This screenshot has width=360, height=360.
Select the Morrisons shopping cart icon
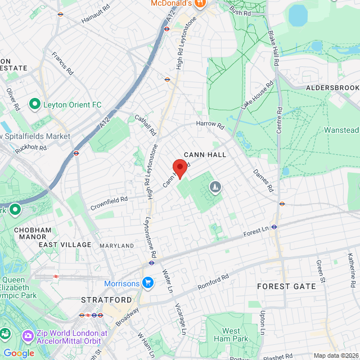148,282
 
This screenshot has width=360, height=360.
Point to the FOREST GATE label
287,286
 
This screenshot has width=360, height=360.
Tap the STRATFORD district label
102,300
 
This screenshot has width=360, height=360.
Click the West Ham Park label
231,335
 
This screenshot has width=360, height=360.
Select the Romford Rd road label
213,282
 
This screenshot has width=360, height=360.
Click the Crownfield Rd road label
109,203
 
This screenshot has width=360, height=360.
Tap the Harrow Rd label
210,123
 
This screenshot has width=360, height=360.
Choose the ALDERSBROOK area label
332,88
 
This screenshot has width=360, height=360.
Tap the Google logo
19,353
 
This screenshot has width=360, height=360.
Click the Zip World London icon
27,336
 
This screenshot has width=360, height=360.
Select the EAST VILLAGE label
65,245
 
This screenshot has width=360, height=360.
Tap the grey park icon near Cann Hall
215,187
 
